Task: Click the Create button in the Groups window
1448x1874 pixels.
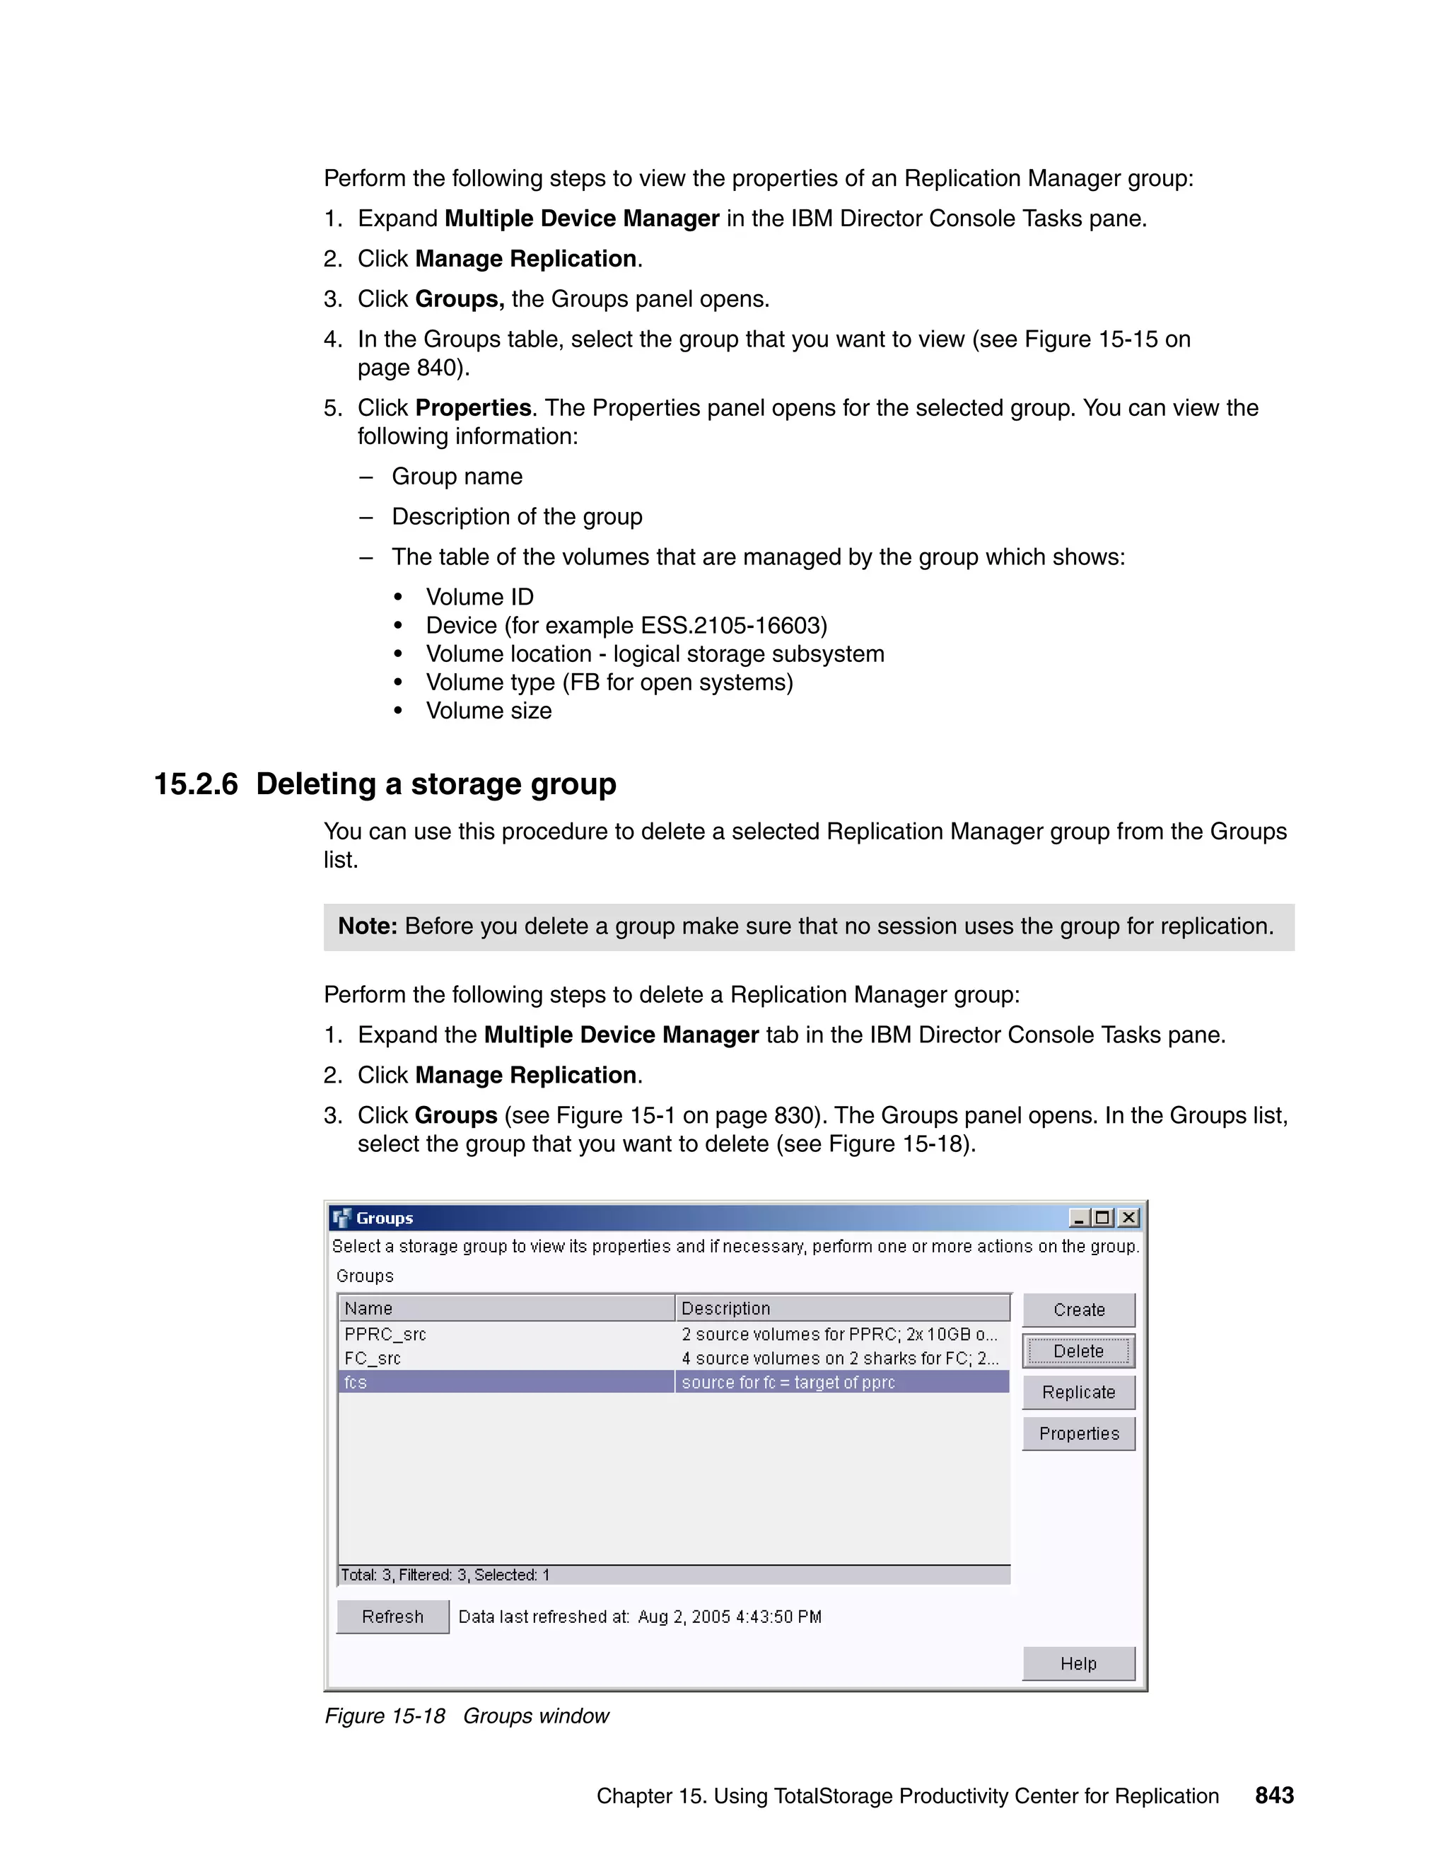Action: pyautogui.click(x=1078, y=1310)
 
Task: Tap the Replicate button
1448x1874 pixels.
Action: pyautogui.click(x=1078, y=1392)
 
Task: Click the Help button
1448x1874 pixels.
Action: pyautogui.click(x=1078, y=1663)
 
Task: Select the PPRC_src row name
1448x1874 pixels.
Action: pyautogui.click(x=385, y=1334)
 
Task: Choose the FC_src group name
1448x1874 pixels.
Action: pyautogui.click(x=373, y=1358)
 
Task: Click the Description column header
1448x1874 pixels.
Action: pyautogui.click(x=725, y=1308)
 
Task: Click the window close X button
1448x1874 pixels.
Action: pyautogui.click(x=1130, y=1218)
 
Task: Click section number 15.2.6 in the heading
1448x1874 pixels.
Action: pyautogui.click(x=196, y=784)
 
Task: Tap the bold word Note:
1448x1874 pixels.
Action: pyautogui.click(x=367, y=926)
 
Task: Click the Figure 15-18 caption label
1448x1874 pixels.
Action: pyautogui.click(x=385, y=1716)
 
